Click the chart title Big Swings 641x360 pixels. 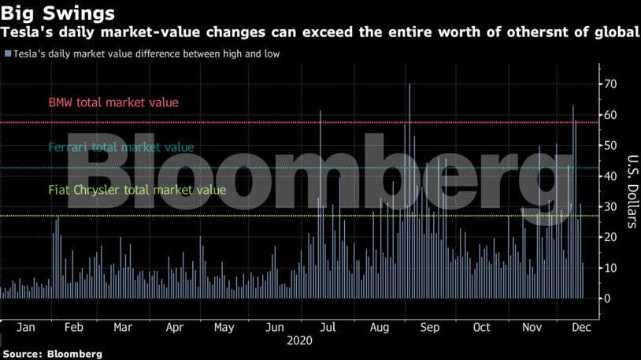click(x=58, y=13)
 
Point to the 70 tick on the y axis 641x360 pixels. click(x=610, y=84)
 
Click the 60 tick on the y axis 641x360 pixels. click(x=610, y=115)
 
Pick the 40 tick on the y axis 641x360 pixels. click(x=610, y=176)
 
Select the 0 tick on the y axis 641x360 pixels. click(x=606, y=298)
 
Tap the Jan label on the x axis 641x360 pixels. click(x=24, y=327)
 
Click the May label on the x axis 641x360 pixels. click(x=224, y=327)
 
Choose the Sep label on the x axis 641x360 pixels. click(x=429, y=327)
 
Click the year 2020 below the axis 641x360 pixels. click(x=299, y=341)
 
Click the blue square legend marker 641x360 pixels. click(x=7, y=54)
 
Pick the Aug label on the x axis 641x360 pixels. click(x=379, y=327)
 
